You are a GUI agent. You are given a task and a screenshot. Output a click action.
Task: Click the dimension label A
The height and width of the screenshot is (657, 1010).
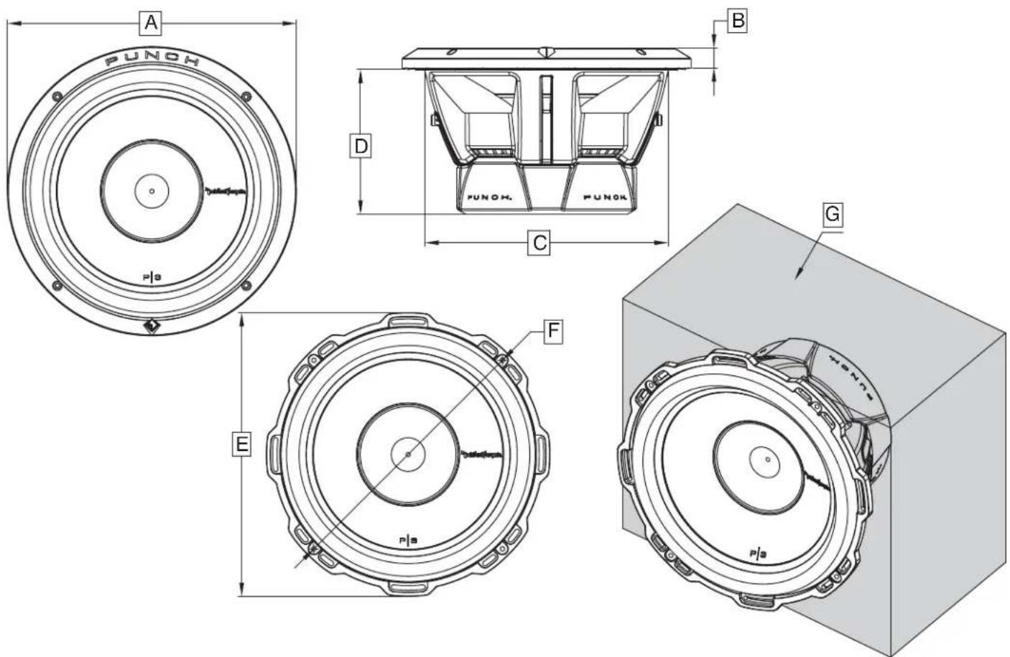pyautogui.click(x=150, y=23)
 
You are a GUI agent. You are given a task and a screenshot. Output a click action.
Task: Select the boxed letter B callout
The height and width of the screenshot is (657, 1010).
pyautogui.click(x=736, y=21)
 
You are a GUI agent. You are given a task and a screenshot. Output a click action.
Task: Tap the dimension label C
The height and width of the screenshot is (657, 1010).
pyautogui.click(x=539, y=243)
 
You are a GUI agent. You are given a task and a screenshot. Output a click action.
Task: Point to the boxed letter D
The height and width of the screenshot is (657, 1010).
pyautogui.click(x=361, y=146)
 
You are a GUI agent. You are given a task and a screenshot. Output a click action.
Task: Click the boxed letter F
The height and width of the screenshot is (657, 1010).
pyautogui.click(x=552, y=331)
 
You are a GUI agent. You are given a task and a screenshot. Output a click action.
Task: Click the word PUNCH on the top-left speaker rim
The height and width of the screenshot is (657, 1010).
pyautogui.click(x=152, y=60)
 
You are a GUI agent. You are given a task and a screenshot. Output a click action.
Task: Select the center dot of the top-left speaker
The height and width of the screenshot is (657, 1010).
pyautogui.click(x=152, y=191)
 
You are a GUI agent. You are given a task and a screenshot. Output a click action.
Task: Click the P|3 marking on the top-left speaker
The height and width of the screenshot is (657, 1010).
pyautogui.click(x=152, y=276)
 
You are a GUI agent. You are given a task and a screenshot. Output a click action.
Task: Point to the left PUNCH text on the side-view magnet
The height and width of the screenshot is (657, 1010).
pyautogui.click(x=489, y=196)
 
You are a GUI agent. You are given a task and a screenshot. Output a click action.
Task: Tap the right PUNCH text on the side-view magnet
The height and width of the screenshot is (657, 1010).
pyautogui.click(x=603, y=196)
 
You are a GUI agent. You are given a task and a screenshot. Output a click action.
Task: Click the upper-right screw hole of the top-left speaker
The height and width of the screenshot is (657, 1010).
pyautogui.click(x=246, y=96)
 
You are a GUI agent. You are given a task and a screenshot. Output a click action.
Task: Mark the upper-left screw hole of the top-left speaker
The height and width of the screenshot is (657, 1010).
pyautogui.click(x=57, y=97)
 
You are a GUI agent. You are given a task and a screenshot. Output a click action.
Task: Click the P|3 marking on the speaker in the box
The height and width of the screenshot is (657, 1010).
pyautogui.click(x=759, y=553)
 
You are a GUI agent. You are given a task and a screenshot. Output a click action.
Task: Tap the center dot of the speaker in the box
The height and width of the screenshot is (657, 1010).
pyautogui.click(x=767, y=459)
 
